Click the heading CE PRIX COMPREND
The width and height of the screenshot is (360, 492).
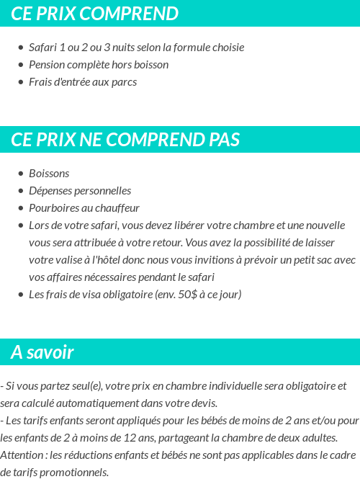pyautogui.click(x=94, y=14)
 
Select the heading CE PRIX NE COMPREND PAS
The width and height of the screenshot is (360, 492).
pyautogui.click(x=125, y=139)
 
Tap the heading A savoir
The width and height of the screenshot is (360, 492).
pyautogui.click(x=42, y=352)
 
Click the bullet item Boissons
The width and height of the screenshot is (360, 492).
pyautogui.click(x=49, y=174)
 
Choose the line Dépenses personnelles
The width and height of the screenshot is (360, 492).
pyautogui.click(x=80, y=191)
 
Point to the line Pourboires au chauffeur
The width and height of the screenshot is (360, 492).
pyautogui.click(x=84, y=208)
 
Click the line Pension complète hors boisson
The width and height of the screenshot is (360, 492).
pyautogui.click(x=99, y=65)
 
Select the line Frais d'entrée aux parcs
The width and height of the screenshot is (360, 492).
pyautogui.click(x=83, y=82)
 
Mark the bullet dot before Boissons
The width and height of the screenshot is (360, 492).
pyautogui.click(x=20, y=174)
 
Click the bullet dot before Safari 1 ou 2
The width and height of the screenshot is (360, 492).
pyautogui.click(x=20, y=48)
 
